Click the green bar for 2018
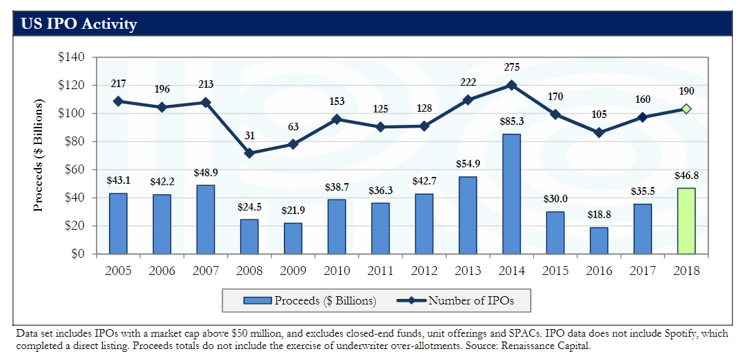pos(686,221)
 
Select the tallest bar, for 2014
pos(512,194)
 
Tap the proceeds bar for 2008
pos(250,237)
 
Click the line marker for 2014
pos(512,85)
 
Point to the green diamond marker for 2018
pos(686,109)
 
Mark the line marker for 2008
pos(250,153)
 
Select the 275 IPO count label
pos(512,67)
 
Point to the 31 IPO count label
pos(250,136)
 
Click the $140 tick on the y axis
pos(71,57)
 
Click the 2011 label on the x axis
pos(381,271)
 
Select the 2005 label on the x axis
pos(119,271)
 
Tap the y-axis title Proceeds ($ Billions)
pos(39,155)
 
